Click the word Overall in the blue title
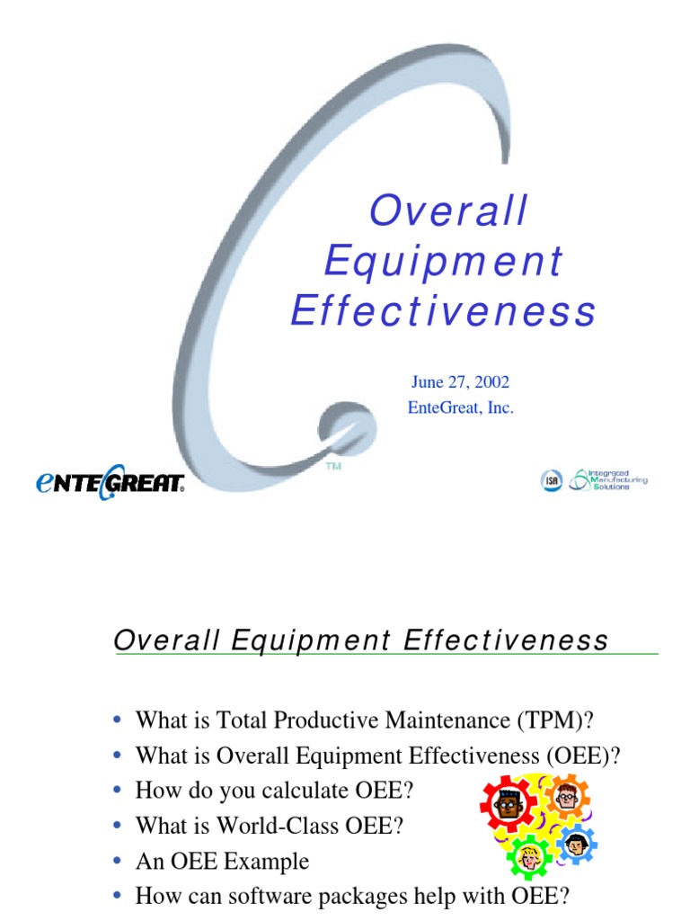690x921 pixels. pos(448,211)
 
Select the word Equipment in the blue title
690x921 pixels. pos(444,262)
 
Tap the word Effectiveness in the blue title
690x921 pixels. pos(444,311)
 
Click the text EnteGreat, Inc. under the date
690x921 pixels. pos(461,407)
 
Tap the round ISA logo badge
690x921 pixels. pos(551,481)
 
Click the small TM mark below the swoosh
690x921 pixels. pos(332,468)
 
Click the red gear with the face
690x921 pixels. pos(508,803)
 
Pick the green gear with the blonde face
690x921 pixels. pos(530,857)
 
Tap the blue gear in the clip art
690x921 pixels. pos(576,844)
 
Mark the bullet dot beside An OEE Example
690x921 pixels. pos(118,862)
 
